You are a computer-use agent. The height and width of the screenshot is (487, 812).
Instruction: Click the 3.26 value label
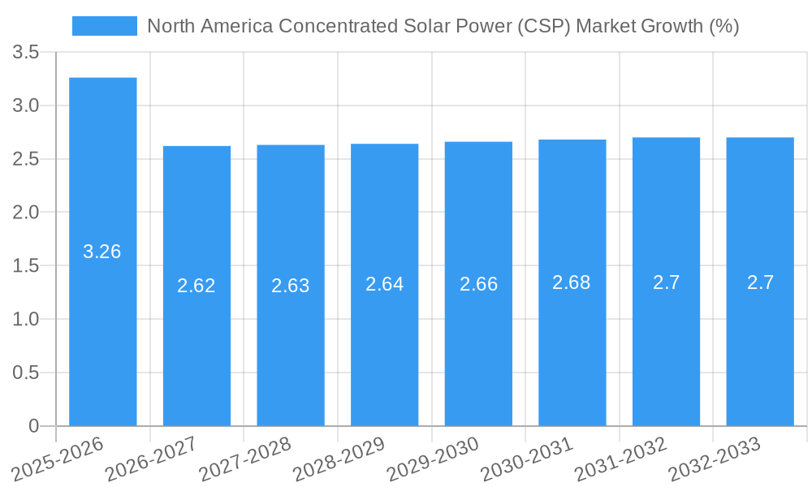pyautogui.click(x=102, y=252)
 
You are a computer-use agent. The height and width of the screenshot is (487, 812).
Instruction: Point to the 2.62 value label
pyautogui.click(x=197, y=286)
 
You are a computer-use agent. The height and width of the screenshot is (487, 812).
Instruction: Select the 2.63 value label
pyautogui.click(x=291, y=286)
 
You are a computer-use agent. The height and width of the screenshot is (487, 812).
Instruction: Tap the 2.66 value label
pyautogui.click(x=478, y=284)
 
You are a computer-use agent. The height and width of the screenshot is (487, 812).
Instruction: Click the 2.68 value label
pyautogui.click(x=572, y=282)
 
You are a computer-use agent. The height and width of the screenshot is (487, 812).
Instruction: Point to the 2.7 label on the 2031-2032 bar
pyautogui.click(x=666, y=282)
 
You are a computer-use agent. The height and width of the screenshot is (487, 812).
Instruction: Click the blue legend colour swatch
pyautogui.click(x=105, y=26)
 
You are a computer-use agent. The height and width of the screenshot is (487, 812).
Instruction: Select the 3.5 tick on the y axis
pyautogui.click(x=27, y=53)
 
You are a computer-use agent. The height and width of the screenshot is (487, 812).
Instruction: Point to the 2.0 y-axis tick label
pyautogui.click(x=27, y=213)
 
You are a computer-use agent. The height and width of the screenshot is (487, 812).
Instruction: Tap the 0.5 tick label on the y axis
pyautogui.click(x=27, y=373)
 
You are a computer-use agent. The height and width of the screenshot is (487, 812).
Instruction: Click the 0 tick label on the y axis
pyautogui.click(x=33, y=426)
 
